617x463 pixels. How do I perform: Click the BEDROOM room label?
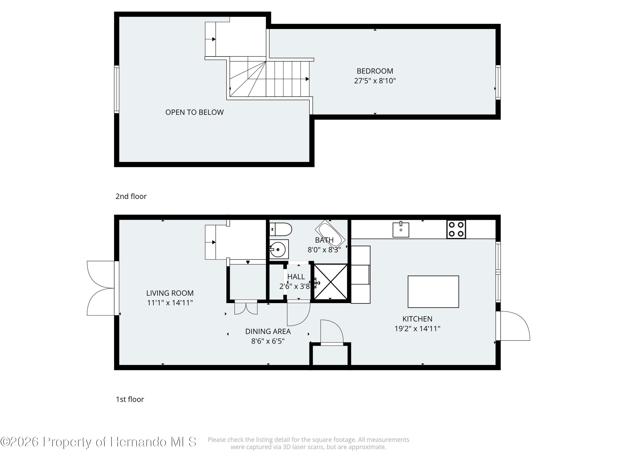point(375,71)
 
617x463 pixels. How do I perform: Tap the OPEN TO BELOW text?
point(194,112)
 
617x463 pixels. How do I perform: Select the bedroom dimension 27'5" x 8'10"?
point(375,81)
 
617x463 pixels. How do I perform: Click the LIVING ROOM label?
point(170,293)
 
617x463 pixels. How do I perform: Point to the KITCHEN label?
point(417,319)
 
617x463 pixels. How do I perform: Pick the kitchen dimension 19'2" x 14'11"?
point(417,328)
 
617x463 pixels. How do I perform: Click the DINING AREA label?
point(268,331)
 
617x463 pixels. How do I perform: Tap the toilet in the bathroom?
point(281,229)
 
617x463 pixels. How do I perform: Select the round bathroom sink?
point(279,249)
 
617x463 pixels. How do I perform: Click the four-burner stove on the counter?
point(456,229)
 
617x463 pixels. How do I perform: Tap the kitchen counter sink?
point(401,229)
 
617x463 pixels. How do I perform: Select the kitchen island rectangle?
point(433,292)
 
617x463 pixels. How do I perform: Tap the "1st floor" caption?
point(130,399)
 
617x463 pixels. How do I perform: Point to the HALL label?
point(296,277)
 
